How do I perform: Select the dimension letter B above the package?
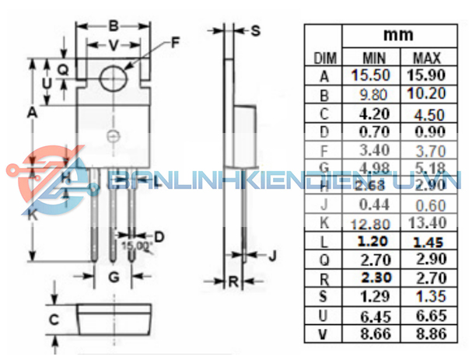click(x=113, y=25)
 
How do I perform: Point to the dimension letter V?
click(x=113, y=45)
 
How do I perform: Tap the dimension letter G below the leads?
click(x=114, y=276)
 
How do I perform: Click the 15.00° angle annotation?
click(x=137, y=246)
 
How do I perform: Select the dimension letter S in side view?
click(x=256, y=30)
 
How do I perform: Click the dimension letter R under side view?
click(x=232, y=281)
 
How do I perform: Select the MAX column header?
click(x=426, y=58)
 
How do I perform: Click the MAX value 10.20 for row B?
click(x=426, y=94)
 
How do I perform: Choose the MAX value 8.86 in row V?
click(x=426, y=334)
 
